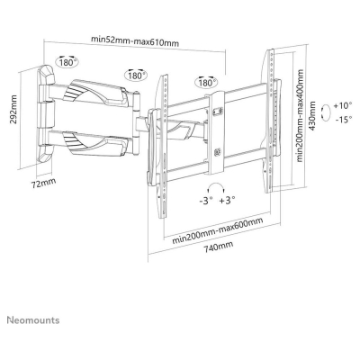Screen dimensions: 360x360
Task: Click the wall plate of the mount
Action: point(42,114)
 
